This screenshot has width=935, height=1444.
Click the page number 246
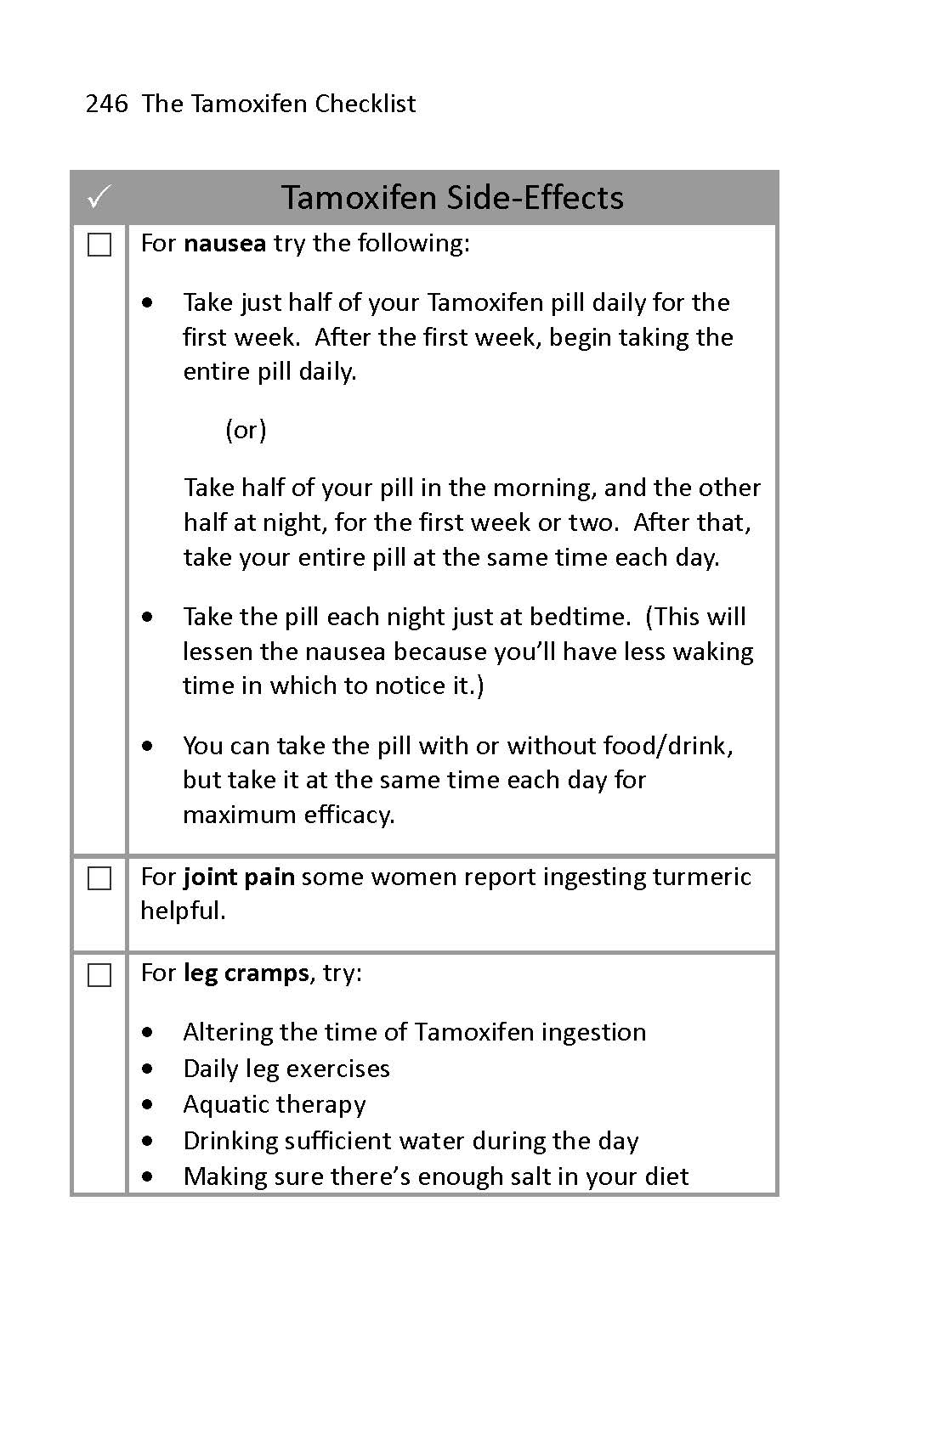106,104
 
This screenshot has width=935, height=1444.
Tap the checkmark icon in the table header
99,198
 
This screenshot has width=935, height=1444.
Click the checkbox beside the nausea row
99,245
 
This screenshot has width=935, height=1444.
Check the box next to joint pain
99,878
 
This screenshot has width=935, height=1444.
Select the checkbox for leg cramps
99,975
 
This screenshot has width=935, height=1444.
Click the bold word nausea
224,243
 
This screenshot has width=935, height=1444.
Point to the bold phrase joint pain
239,877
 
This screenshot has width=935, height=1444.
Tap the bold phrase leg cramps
246,973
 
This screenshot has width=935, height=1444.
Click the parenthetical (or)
246,430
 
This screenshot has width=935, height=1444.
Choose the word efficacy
348,815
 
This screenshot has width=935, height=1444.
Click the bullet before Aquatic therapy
150,1105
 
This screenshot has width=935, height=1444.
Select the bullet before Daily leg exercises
150,1069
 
